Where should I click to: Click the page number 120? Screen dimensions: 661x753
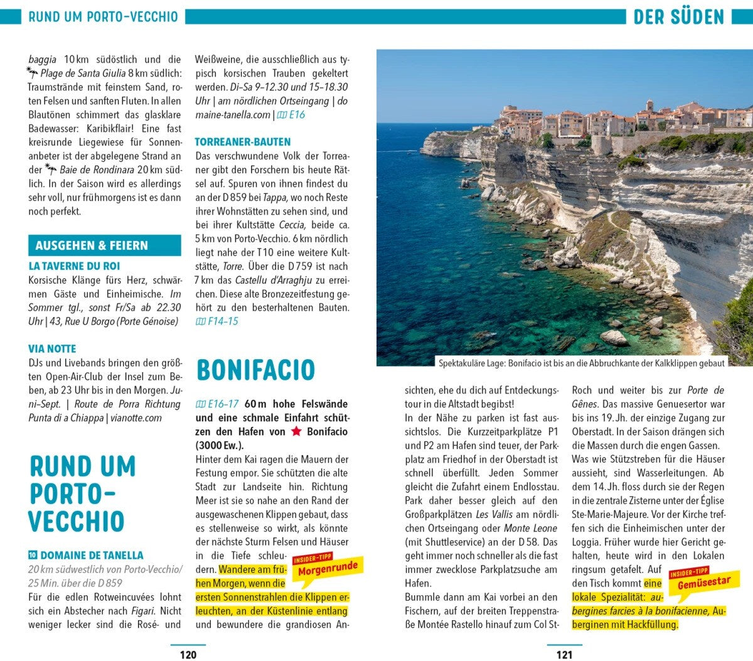[188, 655]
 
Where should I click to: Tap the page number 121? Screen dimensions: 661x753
[564, 655]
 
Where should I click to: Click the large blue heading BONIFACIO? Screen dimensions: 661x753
[255, 370]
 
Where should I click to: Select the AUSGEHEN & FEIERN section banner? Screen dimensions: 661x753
[105, 245]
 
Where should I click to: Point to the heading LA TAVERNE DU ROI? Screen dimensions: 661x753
[74, 266]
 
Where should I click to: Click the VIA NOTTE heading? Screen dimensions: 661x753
[52, 349]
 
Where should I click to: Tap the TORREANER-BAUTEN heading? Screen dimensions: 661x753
[242, 142]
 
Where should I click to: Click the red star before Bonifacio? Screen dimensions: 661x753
[296, 432]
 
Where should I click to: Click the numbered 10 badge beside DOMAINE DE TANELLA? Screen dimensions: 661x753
[33, 555]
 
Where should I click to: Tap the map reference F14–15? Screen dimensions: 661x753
[217, 321]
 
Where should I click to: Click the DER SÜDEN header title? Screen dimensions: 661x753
[678, 17]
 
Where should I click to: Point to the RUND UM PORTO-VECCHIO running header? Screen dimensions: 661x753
[104, 17]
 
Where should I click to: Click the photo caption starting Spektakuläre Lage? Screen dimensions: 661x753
[581, 363]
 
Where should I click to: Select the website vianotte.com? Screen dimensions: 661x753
[136, 418]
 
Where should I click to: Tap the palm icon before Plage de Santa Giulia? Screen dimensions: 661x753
[33, 73]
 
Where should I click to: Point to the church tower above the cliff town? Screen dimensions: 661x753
[649, 105]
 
